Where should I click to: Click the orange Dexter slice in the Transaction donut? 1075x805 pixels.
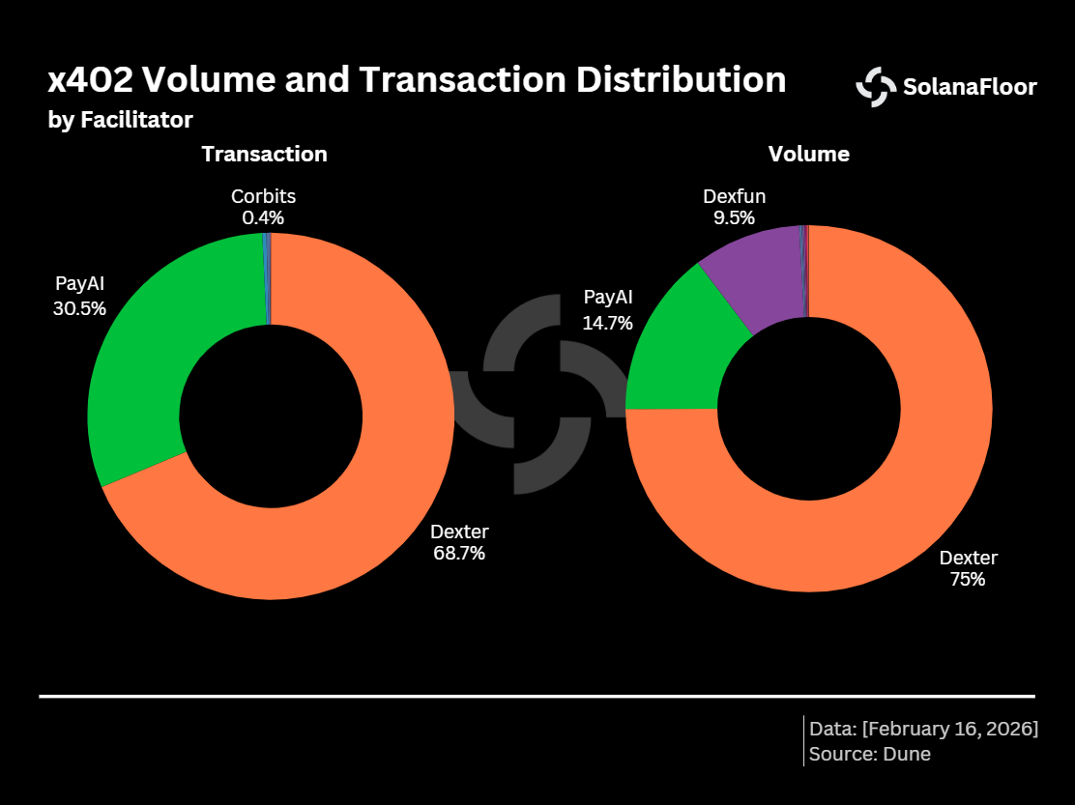click(387, 483)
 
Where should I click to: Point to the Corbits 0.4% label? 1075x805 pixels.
click(263, 207)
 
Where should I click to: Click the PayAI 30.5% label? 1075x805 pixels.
click(80, 296)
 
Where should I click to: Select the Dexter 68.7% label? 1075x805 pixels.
click(459, 542)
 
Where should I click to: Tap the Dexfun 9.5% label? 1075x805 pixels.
click(734, 207)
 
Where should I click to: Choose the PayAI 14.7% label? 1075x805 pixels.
click(607, 309)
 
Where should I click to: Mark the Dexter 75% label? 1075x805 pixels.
click(968, 568)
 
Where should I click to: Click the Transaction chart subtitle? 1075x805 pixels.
click(264, 154)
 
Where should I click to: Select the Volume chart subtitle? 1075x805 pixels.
click(808, 154)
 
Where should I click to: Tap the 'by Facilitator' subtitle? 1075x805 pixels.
click(120, 120)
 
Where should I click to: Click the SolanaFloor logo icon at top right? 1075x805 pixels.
click(876, 87)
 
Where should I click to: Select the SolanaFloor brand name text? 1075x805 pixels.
click(970, 87)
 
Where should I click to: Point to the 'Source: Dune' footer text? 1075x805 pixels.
click(870, 754)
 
